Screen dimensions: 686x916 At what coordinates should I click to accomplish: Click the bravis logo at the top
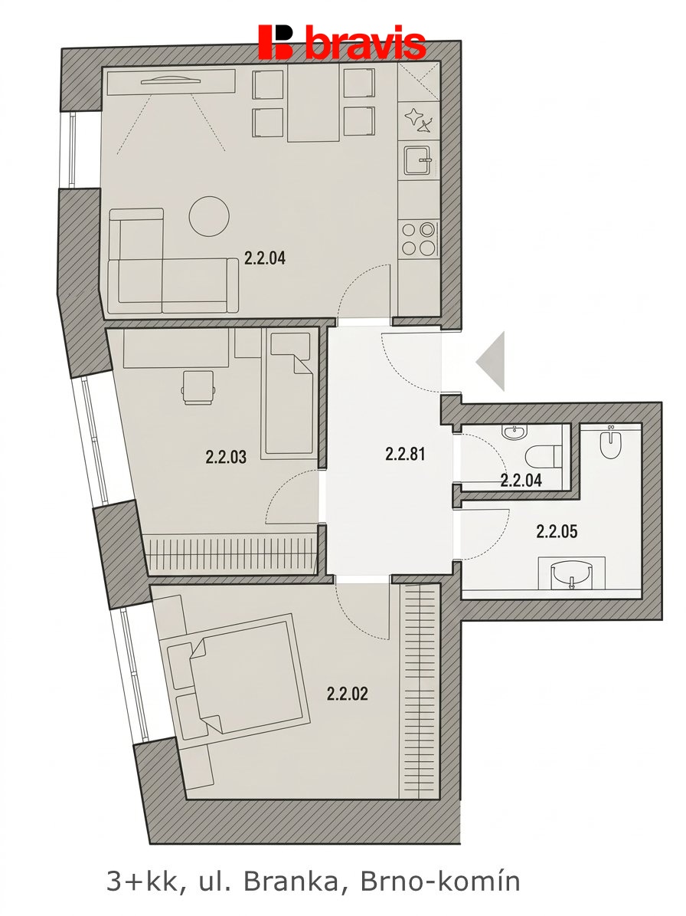(341, 42)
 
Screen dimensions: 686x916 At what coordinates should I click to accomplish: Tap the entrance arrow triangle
(491, 361)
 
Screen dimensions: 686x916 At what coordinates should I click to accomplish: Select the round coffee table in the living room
(209, 216)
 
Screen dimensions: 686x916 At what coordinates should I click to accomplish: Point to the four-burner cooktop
(419, 238)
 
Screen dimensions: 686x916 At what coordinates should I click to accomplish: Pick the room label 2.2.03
(226, 457)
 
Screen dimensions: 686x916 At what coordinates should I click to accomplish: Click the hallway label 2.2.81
(405, 453)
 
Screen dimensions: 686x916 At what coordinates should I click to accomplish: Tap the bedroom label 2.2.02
(347, 694)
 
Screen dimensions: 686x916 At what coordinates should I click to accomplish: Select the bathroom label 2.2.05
(557, 532)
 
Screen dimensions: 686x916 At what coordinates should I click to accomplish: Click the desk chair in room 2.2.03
(198, 387)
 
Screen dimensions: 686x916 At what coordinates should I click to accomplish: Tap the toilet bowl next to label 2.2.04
(543, 457)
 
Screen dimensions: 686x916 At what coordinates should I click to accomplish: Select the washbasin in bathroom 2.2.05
(571, 573)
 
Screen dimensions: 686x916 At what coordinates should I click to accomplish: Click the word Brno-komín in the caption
(440, 882)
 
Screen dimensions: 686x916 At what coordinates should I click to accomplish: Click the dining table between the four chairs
(313, 105)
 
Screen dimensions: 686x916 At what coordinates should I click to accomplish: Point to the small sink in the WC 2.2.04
(514, 432)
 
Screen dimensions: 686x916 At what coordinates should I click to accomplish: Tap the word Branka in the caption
(295, 882)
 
